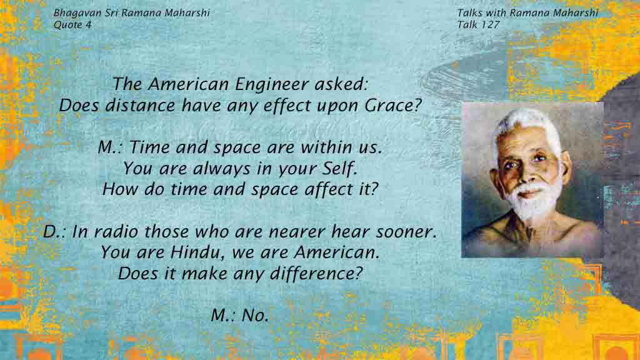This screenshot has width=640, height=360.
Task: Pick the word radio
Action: pos(116,231)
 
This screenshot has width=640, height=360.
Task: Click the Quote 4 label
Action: pos(72,24)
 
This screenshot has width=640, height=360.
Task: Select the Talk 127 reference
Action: pos(478,24)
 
